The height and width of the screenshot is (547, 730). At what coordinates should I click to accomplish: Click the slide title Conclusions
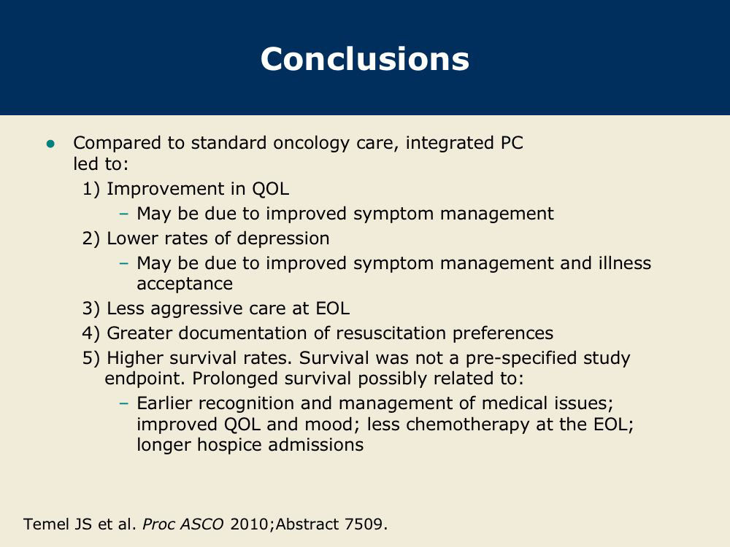364,59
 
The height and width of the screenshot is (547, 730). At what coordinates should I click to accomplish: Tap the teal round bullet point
51,144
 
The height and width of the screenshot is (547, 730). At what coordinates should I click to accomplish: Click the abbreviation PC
512,143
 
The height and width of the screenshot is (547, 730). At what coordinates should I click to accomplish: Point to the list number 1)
91,189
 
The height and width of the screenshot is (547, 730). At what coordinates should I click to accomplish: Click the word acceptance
185,284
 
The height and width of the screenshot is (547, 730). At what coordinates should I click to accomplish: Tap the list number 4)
91,333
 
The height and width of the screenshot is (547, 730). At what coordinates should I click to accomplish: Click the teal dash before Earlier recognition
123,403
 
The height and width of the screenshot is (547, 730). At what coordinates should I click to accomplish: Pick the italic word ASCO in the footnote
201,524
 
